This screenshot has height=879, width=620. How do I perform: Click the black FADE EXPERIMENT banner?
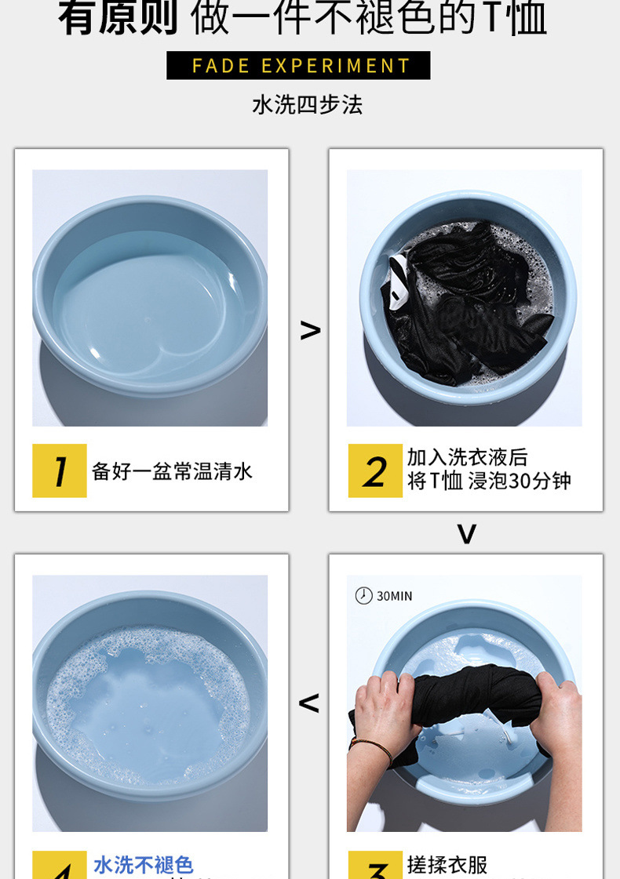[x=298, y=65]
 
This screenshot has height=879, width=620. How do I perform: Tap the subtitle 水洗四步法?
[x=307, y=105]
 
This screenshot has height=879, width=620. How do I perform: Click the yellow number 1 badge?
[x=60, y=470]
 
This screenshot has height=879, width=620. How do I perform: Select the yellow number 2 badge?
[x=375, y=470]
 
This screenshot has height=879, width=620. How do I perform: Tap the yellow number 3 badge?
[x=375, y=866]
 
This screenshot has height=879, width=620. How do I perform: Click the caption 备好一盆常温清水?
[x=172, y=471]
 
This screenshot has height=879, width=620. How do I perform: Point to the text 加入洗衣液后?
[x=467, y=457]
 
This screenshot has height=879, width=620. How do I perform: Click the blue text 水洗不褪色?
[x=143, y=865]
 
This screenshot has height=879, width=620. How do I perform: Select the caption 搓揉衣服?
[x=447, y=865]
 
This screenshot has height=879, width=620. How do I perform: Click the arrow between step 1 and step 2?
[x=310, y=331]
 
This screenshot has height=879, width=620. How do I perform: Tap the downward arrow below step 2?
[x=466, y=534]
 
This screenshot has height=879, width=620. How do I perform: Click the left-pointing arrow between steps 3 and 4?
[x=309, y=703]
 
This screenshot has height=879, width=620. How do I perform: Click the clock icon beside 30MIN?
[x=363, y=596]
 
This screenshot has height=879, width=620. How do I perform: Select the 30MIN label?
[x=394, y=597]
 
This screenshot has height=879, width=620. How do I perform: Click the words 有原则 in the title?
[x=119, y=20]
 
